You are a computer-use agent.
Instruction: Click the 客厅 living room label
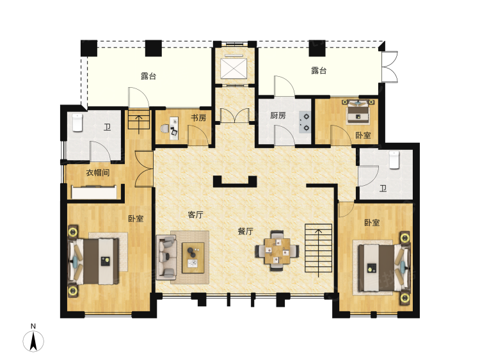coord(195,215)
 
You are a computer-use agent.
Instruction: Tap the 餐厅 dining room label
coord(246,231)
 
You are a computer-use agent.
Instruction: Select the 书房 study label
coord(198,118)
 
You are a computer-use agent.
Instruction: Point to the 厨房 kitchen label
coord(277,116)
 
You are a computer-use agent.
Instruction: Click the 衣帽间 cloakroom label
coord(98,173)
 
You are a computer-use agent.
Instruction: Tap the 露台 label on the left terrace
coord(148,76)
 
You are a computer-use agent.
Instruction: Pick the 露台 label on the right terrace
coord(319,70)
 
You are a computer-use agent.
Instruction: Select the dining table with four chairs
coord(277,250)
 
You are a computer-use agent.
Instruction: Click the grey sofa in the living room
coord(166,256)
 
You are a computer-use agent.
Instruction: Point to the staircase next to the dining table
coord(318,249)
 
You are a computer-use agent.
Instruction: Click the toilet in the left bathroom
coord(77,122)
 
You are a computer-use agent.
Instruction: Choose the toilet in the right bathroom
coord(394,159)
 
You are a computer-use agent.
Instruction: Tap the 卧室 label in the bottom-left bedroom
coord(135,218)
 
